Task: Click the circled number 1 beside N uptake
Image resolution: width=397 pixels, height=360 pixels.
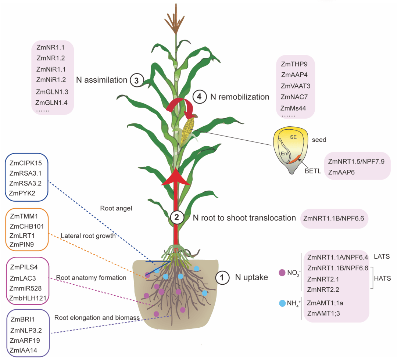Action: (x=222, y=278)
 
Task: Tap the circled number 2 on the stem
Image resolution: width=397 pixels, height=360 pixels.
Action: (x=177, y=217)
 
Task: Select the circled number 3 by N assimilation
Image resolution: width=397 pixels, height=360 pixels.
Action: (x=137, y=80)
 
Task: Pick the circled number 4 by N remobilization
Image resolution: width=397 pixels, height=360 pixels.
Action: (x=200, y=97)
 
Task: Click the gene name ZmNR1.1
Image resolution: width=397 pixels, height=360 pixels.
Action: (x=50, y=47)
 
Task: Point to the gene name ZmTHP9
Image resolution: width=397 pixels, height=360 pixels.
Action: (x=294, y=64)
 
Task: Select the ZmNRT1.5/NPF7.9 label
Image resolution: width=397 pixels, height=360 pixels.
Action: (x=356, y=161)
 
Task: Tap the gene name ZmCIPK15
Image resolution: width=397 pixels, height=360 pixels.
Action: (x=26, y=163)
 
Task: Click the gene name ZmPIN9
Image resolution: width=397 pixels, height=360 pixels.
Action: (x=22, y=244)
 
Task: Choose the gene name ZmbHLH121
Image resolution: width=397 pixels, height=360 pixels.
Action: (x=28, y=298)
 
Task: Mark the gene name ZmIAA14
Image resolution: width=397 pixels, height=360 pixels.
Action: (x=23, y=350)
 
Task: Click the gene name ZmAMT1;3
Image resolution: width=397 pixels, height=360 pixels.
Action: (x=323, y=313)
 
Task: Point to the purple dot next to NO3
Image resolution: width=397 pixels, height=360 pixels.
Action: (x=282, y=273)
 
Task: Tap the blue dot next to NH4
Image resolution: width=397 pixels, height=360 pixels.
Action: (x=282, y=303)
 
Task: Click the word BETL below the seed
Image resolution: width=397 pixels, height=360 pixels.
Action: (x=313, y=171)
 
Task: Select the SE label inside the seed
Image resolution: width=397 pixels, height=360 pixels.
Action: (x=293, y=137)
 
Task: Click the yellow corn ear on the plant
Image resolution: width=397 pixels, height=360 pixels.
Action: (x=187, y=130)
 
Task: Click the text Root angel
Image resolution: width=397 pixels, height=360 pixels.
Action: (x=116, y=208)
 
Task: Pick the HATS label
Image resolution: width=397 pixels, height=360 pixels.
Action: (x=382, y=278)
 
